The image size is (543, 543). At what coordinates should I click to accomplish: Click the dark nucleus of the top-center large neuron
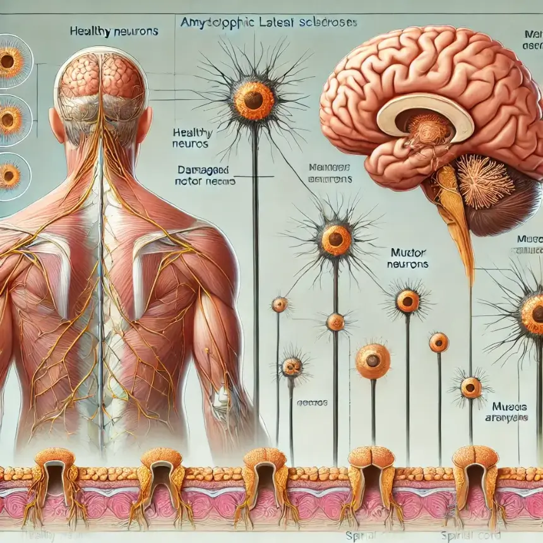[x=255, y=100]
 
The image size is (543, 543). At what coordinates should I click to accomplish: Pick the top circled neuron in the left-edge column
[x=10, y=62]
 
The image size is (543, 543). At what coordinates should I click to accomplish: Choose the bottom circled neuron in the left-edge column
[x=10, y=176]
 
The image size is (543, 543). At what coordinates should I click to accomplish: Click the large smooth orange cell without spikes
[x=373, y=361]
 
